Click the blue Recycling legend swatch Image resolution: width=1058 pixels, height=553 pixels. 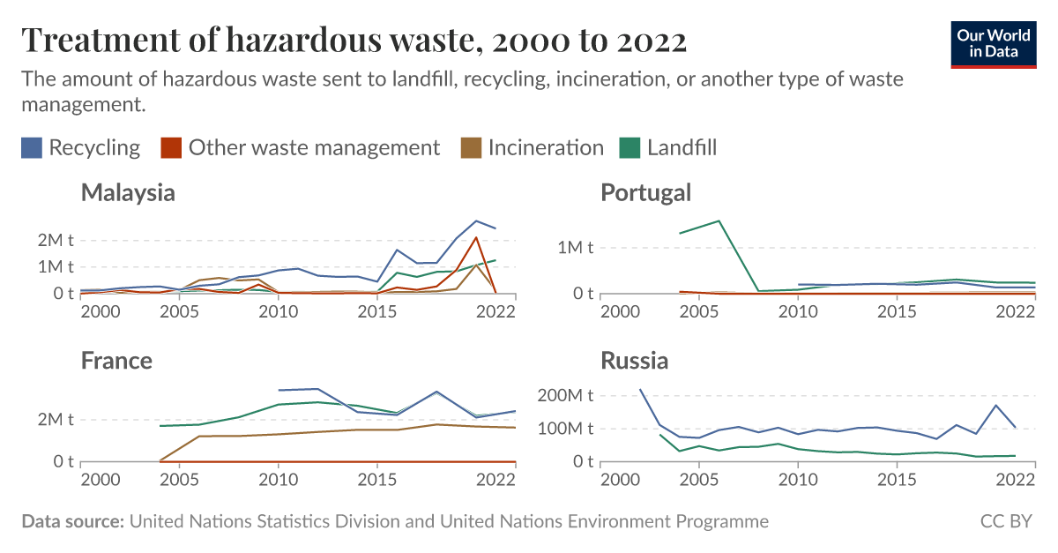pos(32,148)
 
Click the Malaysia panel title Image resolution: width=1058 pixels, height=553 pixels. pos(128,192)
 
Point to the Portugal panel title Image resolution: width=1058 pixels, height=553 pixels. pos(645,192)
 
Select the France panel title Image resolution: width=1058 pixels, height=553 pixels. pos(116,361)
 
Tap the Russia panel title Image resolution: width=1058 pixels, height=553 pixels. pos(634,361)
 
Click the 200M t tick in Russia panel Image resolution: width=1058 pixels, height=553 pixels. pos(566,395)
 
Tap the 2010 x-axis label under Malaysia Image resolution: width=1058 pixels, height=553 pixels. pos(278,311)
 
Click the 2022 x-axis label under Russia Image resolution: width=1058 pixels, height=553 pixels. pos(1016,480)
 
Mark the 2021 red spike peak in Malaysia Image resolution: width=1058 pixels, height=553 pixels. pos(476,236)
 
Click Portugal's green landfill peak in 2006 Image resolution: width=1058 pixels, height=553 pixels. pos(719,220)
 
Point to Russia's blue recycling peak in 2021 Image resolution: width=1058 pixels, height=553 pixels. pos(995,406)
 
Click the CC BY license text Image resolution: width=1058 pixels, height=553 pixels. pos(1006,521)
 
